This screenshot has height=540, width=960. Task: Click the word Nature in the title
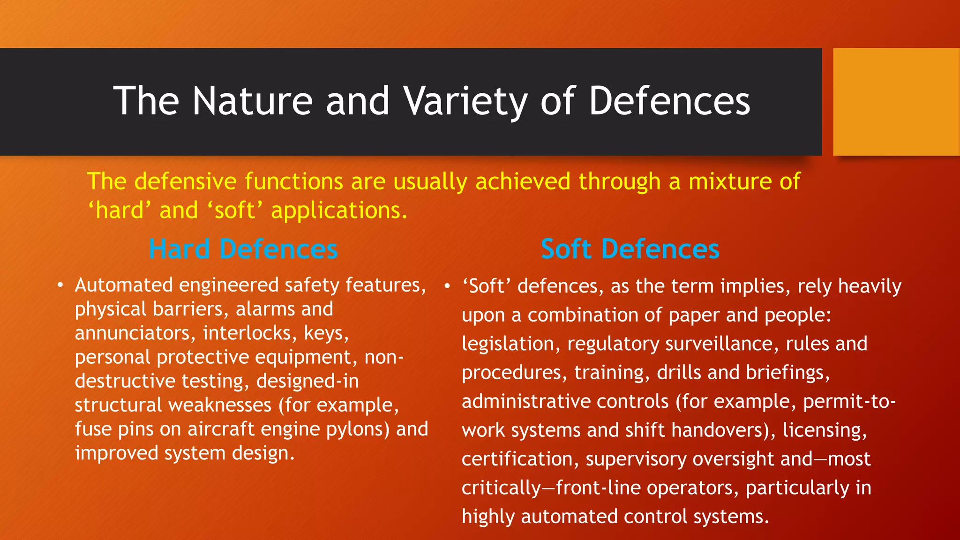click(x=253, y=101)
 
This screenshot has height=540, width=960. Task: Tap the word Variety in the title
click(x=465, y=101)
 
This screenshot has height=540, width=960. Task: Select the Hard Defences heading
click(x=243, y=249)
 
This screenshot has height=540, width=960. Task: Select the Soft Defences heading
click(x=630, y=249)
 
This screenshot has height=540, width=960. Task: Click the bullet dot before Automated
click(x=60, y=285)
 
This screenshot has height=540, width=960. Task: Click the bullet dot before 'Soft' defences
click(x=448, y=286)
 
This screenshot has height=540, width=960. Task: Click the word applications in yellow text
click(x=338, y=211)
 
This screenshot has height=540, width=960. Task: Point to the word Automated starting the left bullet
click(x=124, y=285)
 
